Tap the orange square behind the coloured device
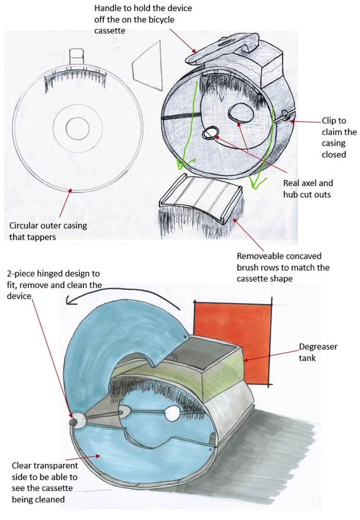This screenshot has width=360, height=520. (232, 329)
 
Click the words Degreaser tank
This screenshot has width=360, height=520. (318, 352)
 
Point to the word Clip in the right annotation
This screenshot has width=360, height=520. (329, 121)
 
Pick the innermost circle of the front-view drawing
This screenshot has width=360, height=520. (77, 129)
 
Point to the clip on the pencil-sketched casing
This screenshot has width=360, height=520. (285, 115)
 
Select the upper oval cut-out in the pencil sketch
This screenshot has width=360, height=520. (236, 114)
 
